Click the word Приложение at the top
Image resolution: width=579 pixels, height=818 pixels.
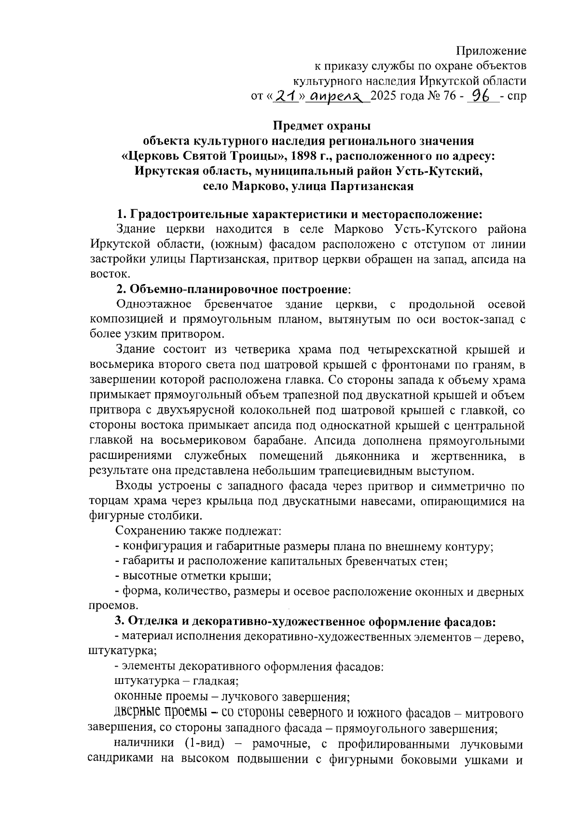click(491, 51)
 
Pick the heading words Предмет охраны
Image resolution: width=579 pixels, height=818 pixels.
click(322, 126)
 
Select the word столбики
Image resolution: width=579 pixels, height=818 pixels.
click(173, 516)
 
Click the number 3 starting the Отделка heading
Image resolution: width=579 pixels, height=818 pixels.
click(119, 621)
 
